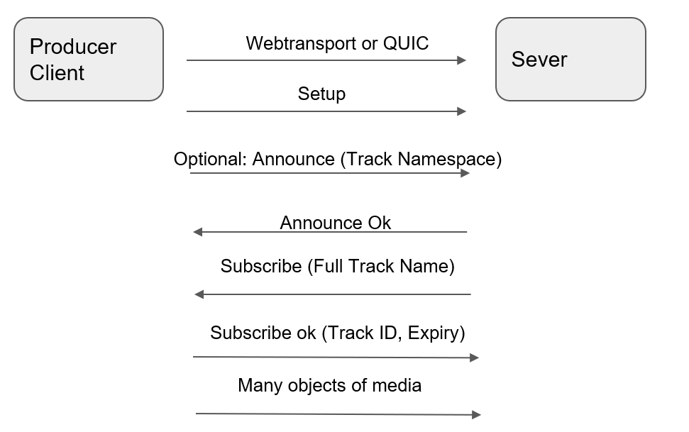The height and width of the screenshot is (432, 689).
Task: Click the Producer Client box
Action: (x=89, y=60)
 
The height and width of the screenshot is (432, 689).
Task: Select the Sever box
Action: (x=571, y=60)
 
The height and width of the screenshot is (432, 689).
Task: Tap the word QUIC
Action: (x=406, y=43)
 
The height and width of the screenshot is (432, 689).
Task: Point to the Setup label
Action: (x=321, y=94)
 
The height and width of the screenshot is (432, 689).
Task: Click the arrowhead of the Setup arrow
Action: (x=461, y=111)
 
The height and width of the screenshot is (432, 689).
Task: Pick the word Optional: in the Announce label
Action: (x=210, y=159)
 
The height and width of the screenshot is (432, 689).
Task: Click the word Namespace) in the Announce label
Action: (x=450, y=159)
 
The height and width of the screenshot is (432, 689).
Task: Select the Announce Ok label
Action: (x=335, y=223)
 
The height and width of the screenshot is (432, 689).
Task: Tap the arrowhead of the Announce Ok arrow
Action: (x=198, y=231)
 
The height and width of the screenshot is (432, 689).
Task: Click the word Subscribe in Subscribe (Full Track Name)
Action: (x=261, y=266)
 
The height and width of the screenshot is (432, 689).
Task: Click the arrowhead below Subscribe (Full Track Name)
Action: (x=199, y=294)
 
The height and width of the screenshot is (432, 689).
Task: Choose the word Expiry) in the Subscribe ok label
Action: (x=436, y=333)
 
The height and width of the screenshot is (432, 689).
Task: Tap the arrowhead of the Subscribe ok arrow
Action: (x=474, y=358)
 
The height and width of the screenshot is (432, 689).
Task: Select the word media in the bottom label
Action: (x=397, y=385)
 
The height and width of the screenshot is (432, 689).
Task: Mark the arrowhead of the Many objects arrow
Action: (x=476, y=414)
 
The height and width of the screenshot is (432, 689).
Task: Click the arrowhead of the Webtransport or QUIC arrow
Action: (x=461, y=60)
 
